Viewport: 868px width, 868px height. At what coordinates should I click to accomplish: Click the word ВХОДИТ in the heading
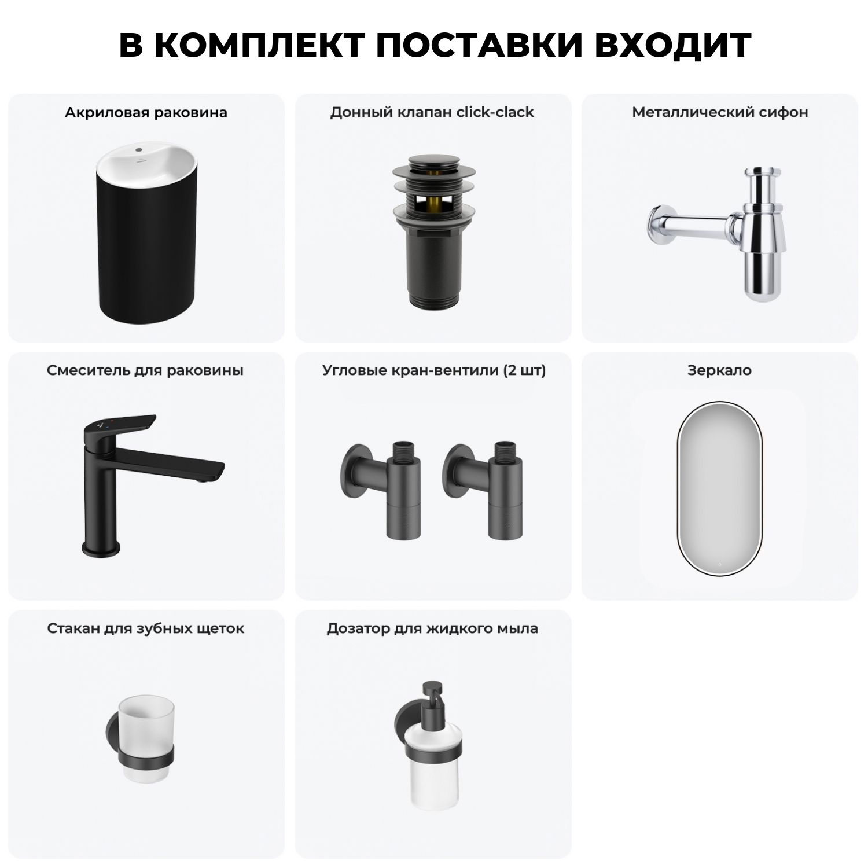[x=672, y=45]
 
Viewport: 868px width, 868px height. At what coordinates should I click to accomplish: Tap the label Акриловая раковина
[x=146, y=112]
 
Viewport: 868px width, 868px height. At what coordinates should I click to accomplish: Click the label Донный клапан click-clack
[x=432, y=112]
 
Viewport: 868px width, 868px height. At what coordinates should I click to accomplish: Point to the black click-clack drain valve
[x=433, y=231]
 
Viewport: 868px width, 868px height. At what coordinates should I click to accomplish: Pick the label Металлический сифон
[x=720, y=112]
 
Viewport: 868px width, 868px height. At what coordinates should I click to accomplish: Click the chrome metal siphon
[x=752, y=231]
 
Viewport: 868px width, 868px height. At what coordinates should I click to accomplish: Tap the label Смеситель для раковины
[x=145, y=370]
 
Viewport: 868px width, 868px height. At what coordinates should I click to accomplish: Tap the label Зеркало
[x=719, y=370]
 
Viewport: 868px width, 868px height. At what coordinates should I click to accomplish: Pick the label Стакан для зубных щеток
[x=146, y=628]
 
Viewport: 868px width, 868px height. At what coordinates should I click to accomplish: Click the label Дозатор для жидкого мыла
[x=432, y=628]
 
